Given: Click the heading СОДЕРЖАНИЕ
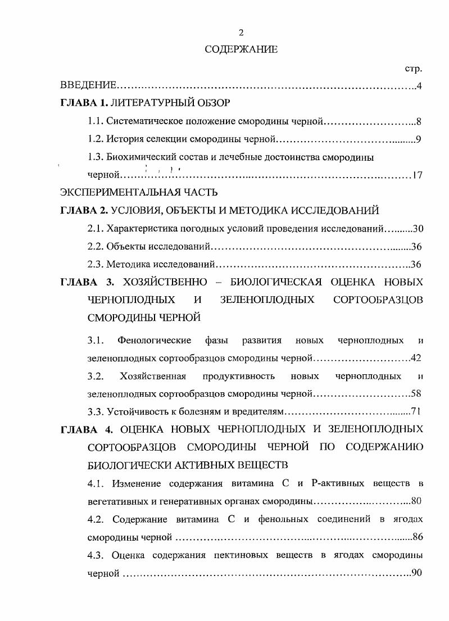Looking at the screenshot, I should (x=241, y=49).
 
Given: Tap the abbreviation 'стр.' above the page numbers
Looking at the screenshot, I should (x=413, y=69).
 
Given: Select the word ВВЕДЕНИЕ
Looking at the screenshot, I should (x=88, y=86).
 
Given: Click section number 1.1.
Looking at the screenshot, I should (x=95, y=121).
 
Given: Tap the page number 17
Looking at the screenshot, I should (x=416, y=175).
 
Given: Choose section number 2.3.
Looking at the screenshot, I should (x=95, y=264).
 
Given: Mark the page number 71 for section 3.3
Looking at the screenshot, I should (x=416, y=411).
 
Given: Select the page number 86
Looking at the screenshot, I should (x=417, y=537).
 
